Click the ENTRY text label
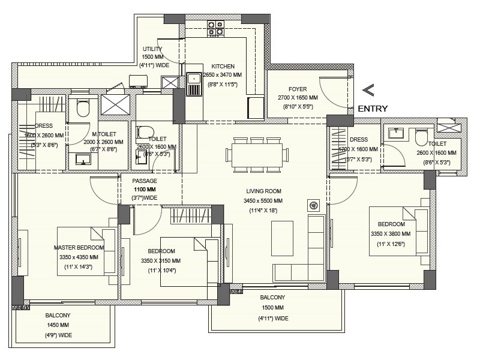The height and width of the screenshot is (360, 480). pos(373,109)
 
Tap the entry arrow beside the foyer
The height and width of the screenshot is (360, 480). pos(368,91)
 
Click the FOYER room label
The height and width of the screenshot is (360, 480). pos(297,89)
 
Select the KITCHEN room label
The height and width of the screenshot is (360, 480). pos(223,67)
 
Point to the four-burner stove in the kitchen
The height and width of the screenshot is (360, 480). pos(215,28)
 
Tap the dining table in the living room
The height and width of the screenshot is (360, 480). pos(257,154)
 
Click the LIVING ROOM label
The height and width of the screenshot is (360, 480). pos(263,190)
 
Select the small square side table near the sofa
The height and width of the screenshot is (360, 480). pos(313,206)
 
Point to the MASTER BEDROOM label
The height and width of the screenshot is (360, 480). pos(79,247)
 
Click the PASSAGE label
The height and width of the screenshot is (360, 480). pos(145,181)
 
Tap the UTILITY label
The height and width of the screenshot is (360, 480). pos(152,49)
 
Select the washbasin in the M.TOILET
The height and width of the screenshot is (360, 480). pos(82,158)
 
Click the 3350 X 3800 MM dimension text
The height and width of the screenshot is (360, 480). pos(391,233)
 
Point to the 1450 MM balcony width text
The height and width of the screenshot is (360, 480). pos(58,325)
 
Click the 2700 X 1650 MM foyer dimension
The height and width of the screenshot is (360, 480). pos(297,97)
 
